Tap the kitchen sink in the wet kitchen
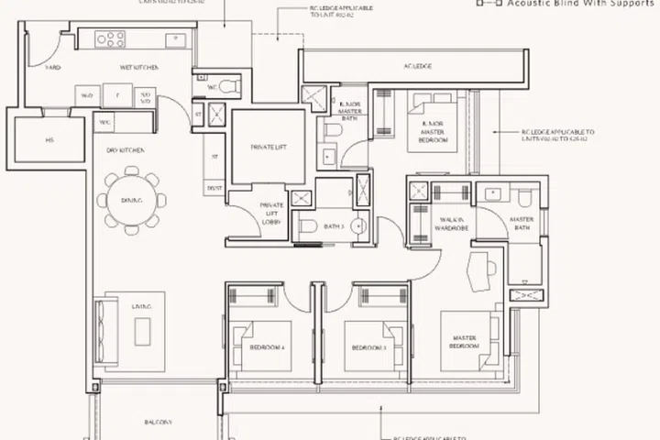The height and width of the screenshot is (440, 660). [x=173, y=39]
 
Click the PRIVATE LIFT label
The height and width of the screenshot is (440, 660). [x=269, y=147]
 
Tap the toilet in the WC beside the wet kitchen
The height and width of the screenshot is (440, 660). [x=229, y=85]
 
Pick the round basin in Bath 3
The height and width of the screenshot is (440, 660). [x=359, y=225]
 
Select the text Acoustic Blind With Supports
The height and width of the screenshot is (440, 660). [x=575, y=5]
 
